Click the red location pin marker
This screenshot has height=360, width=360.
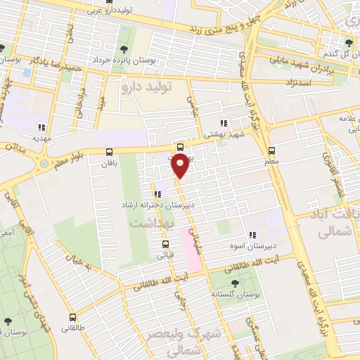pos(181,166)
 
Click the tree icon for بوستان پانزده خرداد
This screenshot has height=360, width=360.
pos(124,49)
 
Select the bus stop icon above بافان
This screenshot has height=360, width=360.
pos(109,152)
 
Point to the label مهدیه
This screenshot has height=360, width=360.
pos(35,139)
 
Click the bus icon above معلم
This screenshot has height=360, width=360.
pos(271,150)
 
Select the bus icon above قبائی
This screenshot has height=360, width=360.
pos(165,245)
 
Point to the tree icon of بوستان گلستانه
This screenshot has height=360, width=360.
pos(234,283)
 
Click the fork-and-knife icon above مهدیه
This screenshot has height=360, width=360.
pos(41,127)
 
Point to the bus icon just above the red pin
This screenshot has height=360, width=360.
pos(181,147)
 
